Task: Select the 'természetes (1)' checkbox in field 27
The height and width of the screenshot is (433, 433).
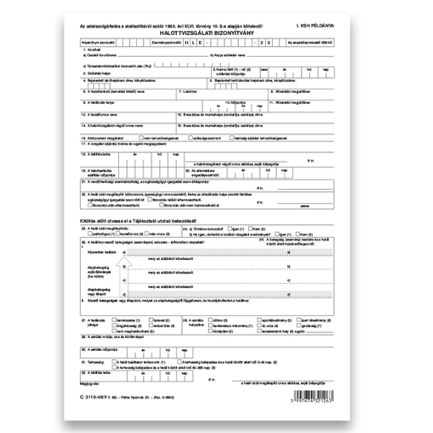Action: (113, 319)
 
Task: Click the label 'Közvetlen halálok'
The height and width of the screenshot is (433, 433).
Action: (97, 251)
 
